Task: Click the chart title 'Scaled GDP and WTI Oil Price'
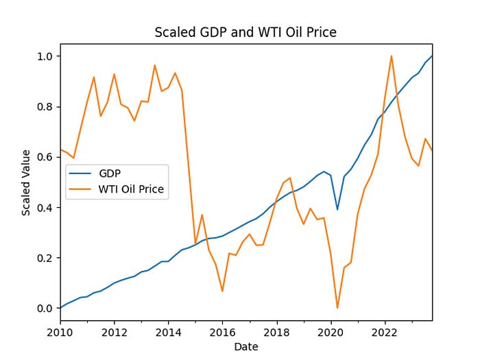pyautogui.click(x=245, y=32)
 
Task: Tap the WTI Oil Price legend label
pyautogui.click(x=132, y=190)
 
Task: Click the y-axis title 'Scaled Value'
pyautogui.click(x=26, y=182)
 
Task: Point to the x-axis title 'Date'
pyautogui.click(x=245, y=347)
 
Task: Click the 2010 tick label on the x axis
pyautogui.click(x=60, y=333)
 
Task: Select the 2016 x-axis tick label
pyautogui.click(x=222, y=333)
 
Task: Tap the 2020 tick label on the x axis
pyautogui.click(x=331, y=333)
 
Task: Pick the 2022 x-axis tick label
pyautogui.click(x=385, y=333)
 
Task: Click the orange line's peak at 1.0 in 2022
pyautogui.click(x=392, y=56)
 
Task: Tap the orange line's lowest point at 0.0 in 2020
pyautogui.click(x=337, y=308)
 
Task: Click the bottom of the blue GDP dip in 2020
pyautogui.click(x=337, y=209)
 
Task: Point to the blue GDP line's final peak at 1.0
pyautogui.click(x=432, y=56)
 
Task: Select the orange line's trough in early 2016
pyautogui.click(x=222, y=291)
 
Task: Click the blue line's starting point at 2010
pyautogui.click(x=60, y=308)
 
